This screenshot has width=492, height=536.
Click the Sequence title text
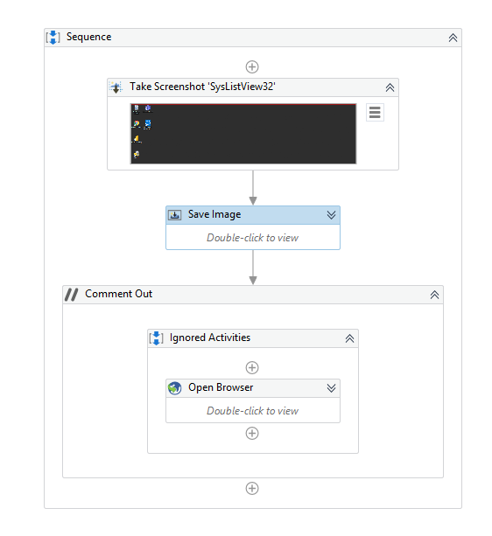pyautogui.click(x=88, y=37)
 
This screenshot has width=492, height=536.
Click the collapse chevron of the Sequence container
pyautogui.click(x=453, y=38)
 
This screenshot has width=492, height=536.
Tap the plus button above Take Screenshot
pyautogui.click(x=252, y=66)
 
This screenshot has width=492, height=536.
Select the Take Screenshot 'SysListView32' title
pyautogui.click(x=202, y=87)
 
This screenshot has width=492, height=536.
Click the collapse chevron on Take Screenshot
pyautogui.click(x=390, y=87)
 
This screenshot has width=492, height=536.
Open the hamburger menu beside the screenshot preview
pyautogui.click(x=375, y=112)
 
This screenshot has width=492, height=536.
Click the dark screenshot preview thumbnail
pyautogui.click(x=243, y=134)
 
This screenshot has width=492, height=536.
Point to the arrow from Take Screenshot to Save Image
pyautogui.click(x=253, y=188)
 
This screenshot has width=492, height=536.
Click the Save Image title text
pyautogui.click(x=214, y=214)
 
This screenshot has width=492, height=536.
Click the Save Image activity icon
pyautogui.click(x=175, y=215)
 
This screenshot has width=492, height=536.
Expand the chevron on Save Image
pyautogui.click(x=331, y=215)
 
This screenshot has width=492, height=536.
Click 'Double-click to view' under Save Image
pyautogui.click(x=252, y=238)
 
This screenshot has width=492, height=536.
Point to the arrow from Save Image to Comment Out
pyautogui.click(x=253, y=268)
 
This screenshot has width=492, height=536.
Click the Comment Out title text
pyautogui.click(x=119, y=294)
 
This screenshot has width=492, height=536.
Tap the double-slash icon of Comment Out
pyautogui.click(x=72, y=295)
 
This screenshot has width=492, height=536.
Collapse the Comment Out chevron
pyautogui.click(x=434, y=295)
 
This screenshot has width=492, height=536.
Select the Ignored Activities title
pyautogui.click(x=210, y=338)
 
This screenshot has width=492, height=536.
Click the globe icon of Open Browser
pyautogui.click(x=175, y=388)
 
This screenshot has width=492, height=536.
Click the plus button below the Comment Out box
pyautogui.click(x=252, y=488)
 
